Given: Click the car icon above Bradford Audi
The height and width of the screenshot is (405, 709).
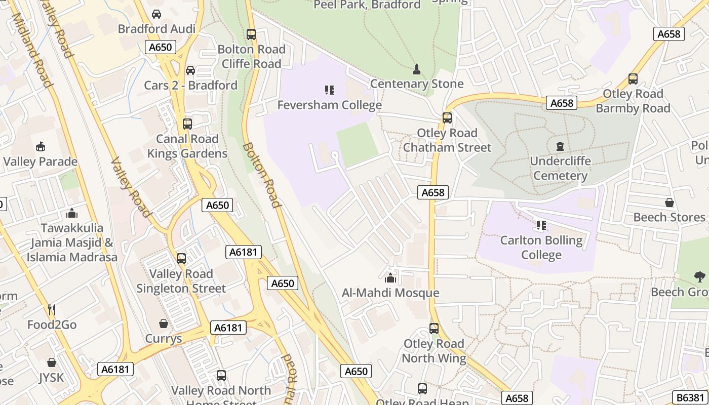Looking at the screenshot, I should pos(156,14).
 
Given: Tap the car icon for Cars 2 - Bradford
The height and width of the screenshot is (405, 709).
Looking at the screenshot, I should pos(190,70).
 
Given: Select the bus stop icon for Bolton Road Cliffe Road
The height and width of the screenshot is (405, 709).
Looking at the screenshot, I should pos(251,35).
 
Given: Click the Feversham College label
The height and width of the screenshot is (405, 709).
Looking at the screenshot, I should pos(329,105).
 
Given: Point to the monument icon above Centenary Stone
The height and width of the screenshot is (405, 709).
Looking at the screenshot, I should pos(417,69).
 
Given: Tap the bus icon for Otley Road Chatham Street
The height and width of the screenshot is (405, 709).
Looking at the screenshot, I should pos(447,118).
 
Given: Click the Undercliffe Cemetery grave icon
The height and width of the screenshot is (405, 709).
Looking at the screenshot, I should pos(560,147).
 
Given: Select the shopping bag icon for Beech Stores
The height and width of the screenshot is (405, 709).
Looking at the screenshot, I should pos(669,202).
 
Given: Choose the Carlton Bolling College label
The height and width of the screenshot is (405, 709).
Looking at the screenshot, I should pos(541,247).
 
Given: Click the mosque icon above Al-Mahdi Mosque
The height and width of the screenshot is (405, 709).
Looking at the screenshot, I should pos(390,278).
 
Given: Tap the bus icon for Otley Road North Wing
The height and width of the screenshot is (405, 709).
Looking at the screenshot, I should pos(434,329).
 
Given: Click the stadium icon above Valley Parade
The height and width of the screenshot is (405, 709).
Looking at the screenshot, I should pos(41,147).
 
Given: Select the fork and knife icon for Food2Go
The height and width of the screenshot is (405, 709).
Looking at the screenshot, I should pos(51,309).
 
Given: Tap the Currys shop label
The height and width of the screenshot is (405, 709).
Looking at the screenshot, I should pos(163,338).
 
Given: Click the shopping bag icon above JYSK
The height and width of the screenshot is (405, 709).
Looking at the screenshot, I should pos(52,362).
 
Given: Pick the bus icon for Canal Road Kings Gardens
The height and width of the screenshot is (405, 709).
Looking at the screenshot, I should pos(187,124).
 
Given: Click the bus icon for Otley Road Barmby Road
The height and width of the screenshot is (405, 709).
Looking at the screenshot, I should pos(633,79).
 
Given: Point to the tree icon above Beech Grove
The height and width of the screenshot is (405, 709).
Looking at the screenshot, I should pos(700,277).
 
